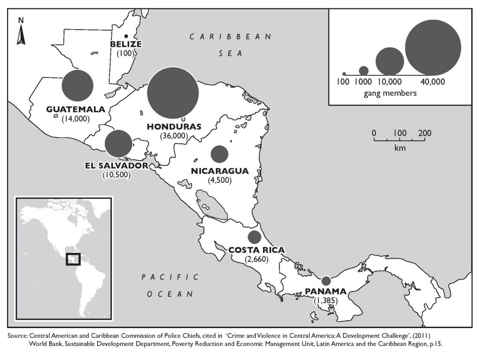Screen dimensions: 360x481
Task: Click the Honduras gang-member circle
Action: (172, 92)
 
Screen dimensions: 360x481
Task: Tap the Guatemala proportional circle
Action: (78, 85)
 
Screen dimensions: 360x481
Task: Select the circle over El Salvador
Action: (118, 144)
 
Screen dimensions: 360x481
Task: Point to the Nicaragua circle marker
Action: (219, 154)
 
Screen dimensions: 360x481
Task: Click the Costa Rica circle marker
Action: (255, 236)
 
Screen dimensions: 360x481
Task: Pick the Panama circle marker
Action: (326, 281)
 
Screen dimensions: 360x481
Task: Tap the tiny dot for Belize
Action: (125, 36)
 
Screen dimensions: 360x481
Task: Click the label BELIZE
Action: (125, 44)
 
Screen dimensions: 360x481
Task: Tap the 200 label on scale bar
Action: (424, 133)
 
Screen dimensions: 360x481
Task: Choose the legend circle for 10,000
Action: (390, 61)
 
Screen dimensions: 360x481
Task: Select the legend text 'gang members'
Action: (390, 93)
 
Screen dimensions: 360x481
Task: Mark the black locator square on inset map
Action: (73, 259)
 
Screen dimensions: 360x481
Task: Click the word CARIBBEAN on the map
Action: (231, 37)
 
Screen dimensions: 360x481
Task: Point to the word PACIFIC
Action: (170, 277)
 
